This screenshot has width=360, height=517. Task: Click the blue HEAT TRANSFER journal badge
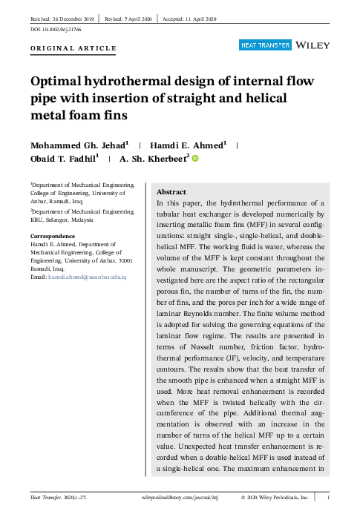264,46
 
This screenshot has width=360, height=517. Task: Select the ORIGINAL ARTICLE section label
73,48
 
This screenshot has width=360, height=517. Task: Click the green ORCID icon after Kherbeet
196,159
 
